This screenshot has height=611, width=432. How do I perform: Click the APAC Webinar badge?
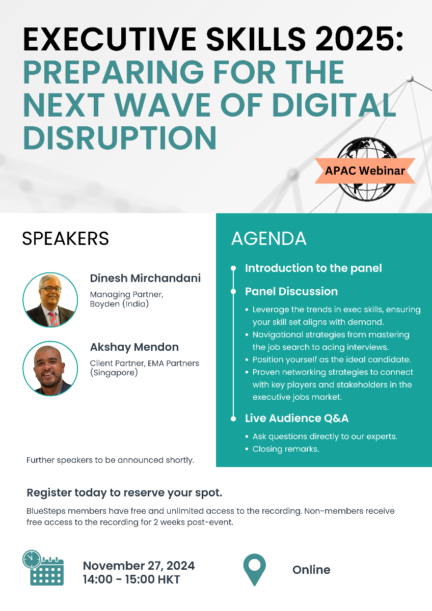point(365,171)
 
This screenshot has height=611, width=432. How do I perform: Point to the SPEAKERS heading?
point(65,238)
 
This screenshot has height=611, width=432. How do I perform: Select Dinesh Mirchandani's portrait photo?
point(50,299)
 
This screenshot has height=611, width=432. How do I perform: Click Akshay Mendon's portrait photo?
point(50,369)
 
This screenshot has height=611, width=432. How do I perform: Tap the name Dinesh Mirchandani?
point(145,278)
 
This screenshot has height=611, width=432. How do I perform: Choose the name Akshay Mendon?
point(134,347)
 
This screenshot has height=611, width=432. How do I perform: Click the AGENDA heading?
point(269,238)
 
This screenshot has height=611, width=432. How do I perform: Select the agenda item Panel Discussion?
point(291,291)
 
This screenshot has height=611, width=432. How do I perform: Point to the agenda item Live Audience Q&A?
point(296,418)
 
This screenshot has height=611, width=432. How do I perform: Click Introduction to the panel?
point(313,268)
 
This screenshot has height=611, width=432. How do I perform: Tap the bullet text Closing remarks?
point(286,449)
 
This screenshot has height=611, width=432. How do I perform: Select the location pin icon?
point(254,570)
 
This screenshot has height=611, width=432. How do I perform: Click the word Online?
point(311,570)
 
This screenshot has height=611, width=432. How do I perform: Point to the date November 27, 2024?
point(139,566)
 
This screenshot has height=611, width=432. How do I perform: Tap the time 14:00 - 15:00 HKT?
point(131,579)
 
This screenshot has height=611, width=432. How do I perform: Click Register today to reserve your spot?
point(124,493)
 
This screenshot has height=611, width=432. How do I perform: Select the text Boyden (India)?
point(119,304)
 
